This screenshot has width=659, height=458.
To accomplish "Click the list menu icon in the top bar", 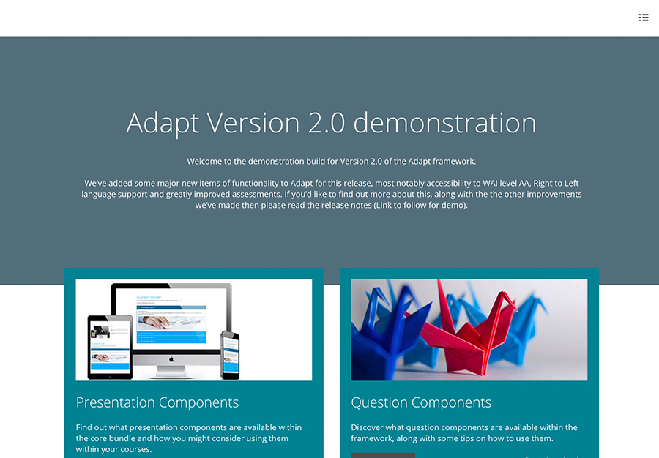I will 644,18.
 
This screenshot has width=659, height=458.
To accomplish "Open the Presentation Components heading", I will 157,402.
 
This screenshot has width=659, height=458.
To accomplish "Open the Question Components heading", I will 421,402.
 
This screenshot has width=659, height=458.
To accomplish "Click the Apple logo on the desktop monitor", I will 171,359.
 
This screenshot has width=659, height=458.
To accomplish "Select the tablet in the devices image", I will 110,347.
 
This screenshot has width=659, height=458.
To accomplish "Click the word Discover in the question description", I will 370,427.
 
